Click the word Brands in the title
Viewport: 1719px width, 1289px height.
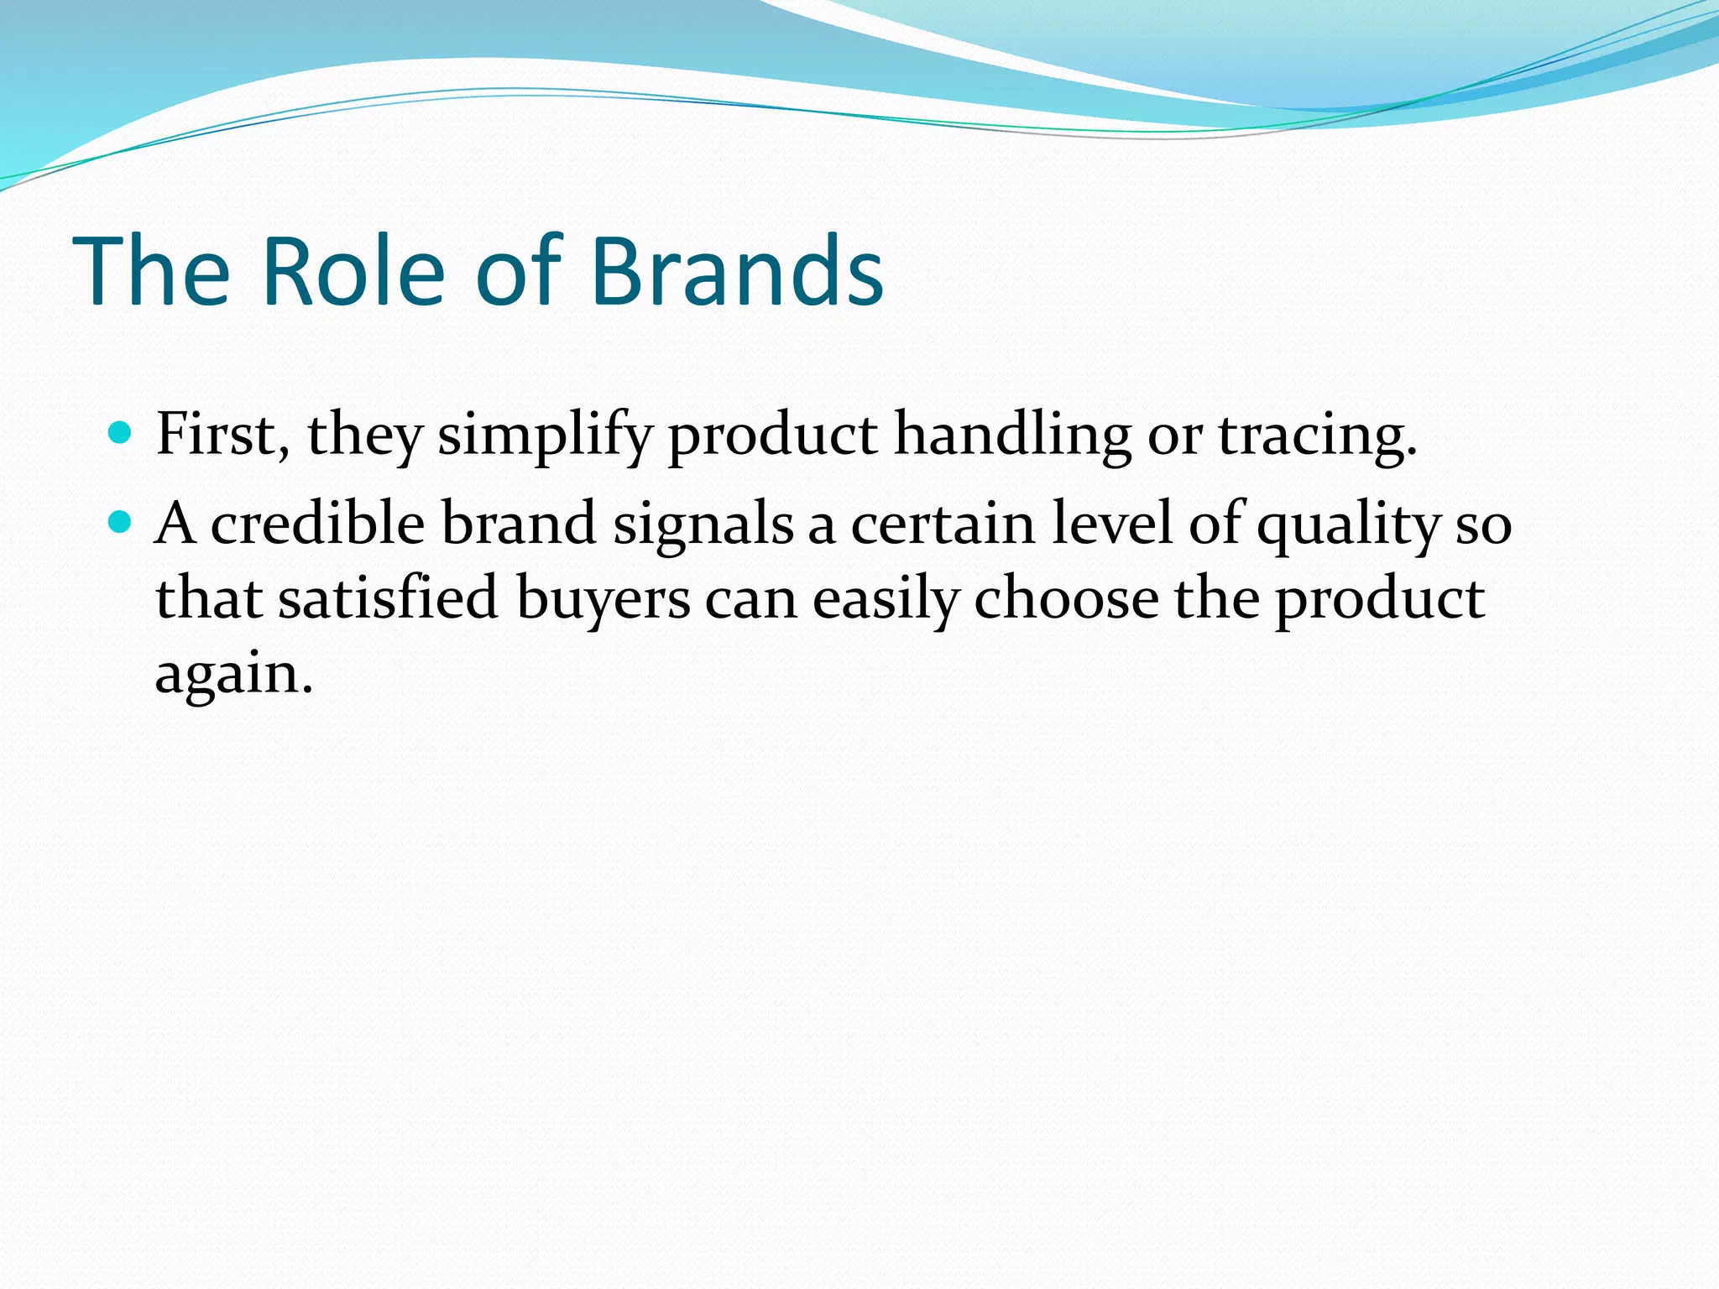click(x=736, y=272)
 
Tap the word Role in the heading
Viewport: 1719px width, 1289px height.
click(x=353, y=272)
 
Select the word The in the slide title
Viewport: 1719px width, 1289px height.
click(x=152, y=272)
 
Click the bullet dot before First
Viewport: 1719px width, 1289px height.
click(x=121, y=433)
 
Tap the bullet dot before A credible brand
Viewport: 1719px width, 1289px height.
click(x=121, y=523)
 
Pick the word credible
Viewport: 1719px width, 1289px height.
click(x=317, y=524)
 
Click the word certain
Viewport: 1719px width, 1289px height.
click(x=943, y=524)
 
